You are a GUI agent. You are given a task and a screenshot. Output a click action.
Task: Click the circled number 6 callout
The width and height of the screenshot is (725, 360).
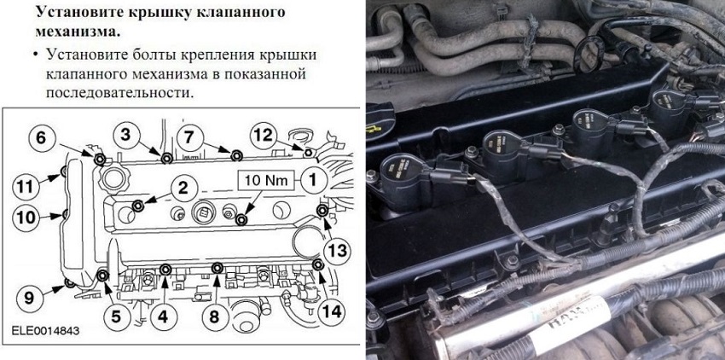[41, 138]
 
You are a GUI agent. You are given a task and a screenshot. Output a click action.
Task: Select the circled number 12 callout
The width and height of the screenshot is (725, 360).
[264, 135]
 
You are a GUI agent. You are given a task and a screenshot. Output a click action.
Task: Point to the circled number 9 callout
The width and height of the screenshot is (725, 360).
[29, 298]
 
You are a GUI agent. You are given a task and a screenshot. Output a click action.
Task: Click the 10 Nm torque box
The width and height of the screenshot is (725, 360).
[266, 180]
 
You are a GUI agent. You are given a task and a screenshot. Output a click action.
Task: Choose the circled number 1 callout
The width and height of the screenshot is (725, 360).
[313, 180]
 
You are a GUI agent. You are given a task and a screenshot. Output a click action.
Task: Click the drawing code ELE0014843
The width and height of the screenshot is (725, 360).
[45, 331]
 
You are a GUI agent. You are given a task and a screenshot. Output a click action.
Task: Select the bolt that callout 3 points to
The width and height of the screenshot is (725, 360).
[167, 159]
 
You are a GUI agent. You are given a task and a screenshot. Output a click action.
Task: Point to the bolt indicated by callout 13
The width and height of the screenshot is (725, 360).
[322, 211]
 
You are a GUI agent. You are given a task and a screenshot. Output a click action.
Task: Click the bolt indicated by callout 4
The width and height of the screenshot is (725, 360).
[165, 270]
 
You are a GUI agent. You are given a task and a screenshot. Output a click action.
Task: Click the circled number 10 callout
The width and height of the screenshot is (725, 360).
[26, 217]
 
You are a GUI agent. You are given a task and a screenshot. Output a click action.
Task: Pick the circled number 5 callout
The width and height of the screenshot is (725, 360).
[116, 316]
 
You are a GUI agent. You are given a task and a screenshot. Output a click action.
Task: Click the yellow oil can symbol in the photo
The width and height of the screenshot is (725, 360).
[374, 129]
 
